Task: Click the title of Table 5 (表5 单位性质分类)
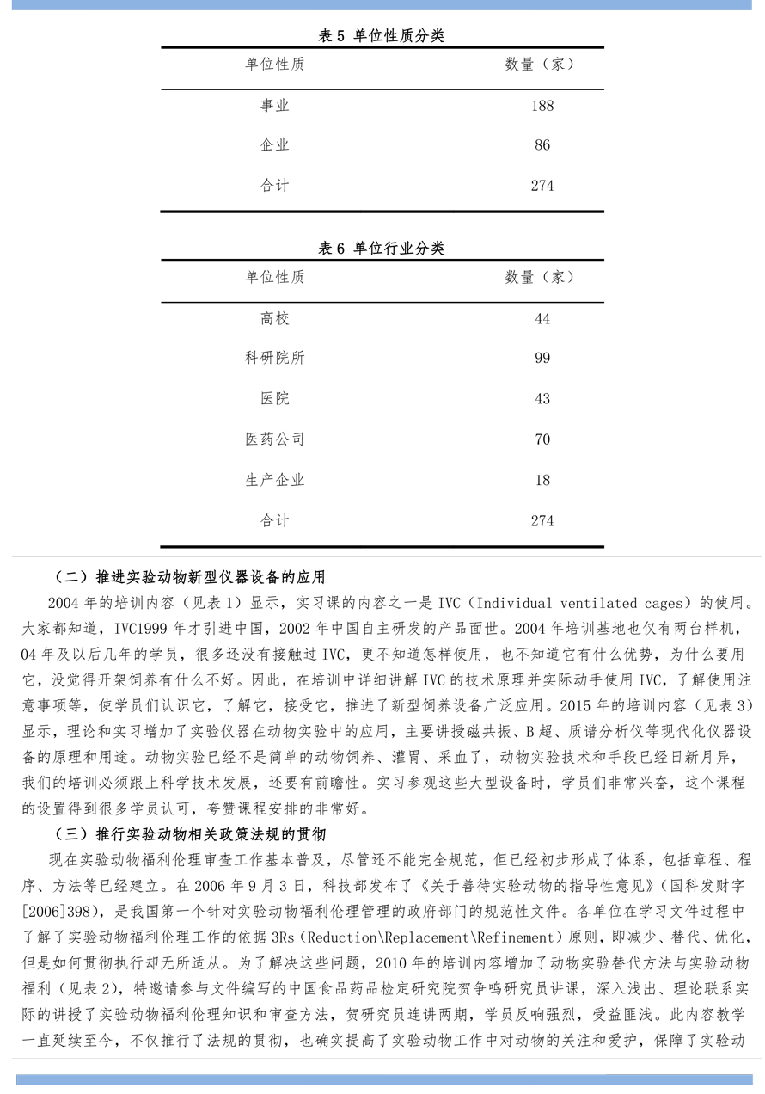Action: (x=381, y=35)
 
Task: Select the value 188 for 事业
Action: (x=542, y=106)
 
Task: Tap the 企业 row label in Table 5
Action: (x=275, y=145)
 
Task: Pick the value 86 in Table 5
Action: (x=542, y=145)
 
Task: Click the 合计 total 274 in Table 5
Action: (x=542, y=186)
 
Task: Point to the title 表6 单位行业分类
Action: (x=381, y=249)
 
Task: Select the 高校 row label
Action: (x=275, y=319)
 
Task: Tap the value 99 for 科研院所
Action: (x=542, y=359)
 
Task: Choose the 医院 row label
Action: (x=275, y=399)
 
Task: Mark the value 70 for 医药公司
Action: (x=542, y=439)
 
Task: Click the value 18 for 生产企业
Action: (x=542, y=480)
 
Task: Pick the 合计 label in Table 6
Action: (x=275, y=520)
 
